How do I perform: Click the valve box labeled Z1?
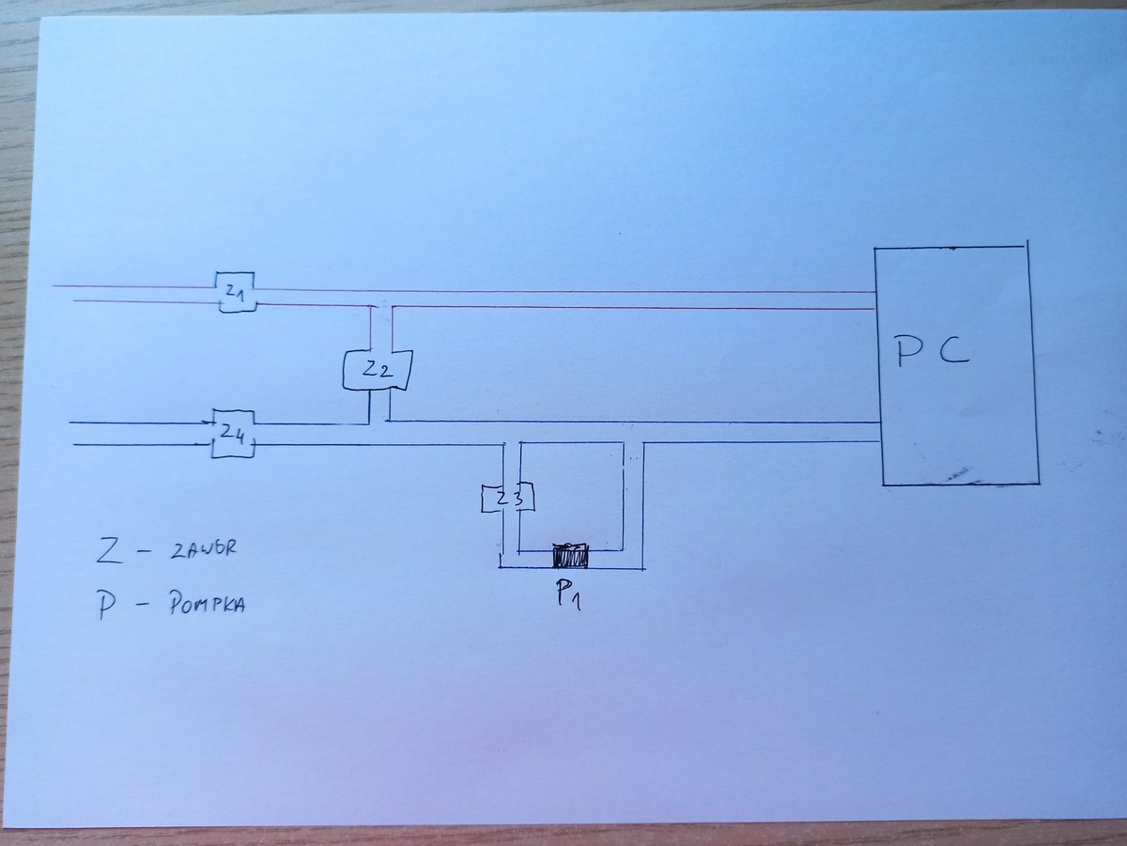(234, 293)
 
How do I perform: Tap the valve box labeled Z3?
(508, 499)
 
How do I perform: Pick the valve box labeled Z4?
(233, 433)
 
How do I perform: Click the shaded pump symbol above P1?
(569, 556)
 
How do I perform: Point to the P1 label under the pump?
(567, 593)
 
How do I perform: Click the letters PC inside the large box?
(931, 352)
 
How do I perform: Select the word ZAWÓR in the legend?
(202, 551)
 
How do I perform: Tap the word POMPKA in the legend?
(208, 607)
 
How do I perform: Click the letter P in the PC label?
(906, 352)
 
